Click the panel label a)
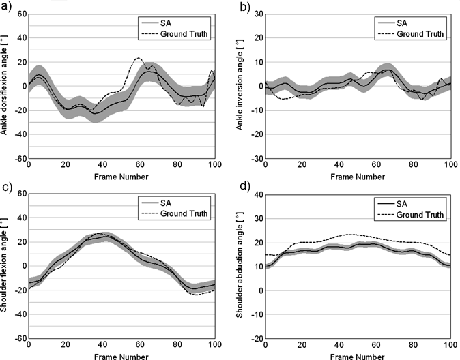pyautogui.click(x=6, y=6)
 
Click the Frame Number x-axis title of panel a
pyautogui.click(x=121, y=177)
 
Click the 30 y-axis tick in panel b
pyautogui.click(x=255, y=14)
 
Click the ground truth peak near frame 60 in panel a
pyautogui.click(x=139, y=59)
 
